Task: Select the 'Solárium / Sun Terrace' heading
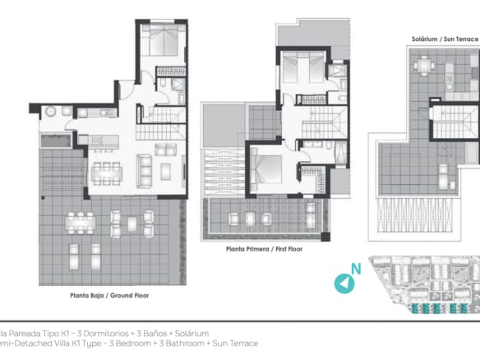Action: pyautogui.click(x=445, y=38)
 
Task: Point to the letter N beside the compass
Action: pyautogui.click(x=356, y=269)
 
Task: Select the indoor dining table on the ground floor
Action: pyautogui.click(x=106, y=173)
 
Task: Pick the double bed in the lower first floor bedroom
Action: pyautogui.click(x=266, y=169)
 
